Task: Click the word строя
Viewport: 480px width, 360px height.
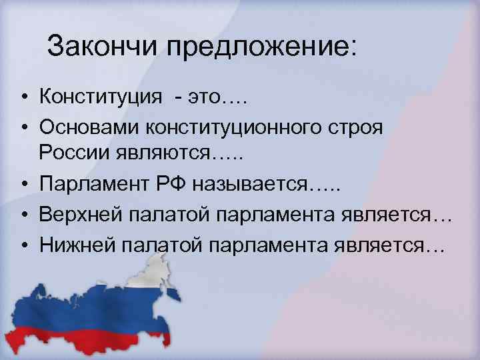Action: pyautogui.click(x=359, y=127)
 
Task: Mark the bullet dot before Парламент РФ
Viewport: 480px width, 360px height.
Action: pyautogui.click(x=23, y=185)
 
